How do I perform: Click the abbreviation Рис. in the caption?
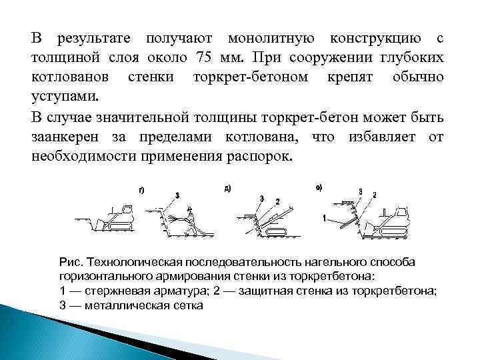tap(69, 263)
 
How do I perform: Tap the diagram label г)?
tap(142, 191)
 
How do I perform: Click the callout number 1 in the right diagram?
tap(323, 218)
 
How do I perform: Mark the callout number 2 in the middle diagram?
tap(277, 201)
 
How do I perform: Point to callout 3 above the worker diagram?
tap(177, 195)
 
